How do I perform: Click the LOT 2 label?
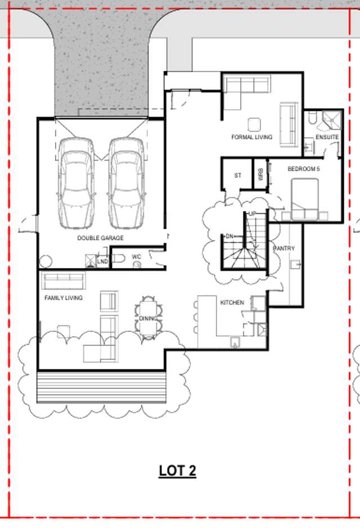coord(177,471)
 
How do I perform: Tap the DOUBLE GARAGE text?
coord(100,238)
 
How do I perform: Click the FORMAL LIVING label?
coord(251,137)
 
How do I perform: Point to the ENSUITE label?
coord(327,137)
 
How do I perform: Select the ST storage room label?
coord(237,175)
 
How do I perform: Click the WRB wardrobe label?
coord(260,175)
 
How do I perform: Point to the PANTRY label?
coord(283,248)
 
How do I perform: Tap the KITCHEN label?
coord(232,303)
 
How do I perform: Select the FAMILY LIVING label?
coord(64,297)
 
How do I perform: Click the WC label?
coord(136,256)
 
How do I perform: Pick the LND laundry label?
coord(102,261)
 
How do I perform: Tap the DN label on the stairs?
coord(229,237)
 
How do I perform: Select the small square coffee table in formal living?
coord(254,124)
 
